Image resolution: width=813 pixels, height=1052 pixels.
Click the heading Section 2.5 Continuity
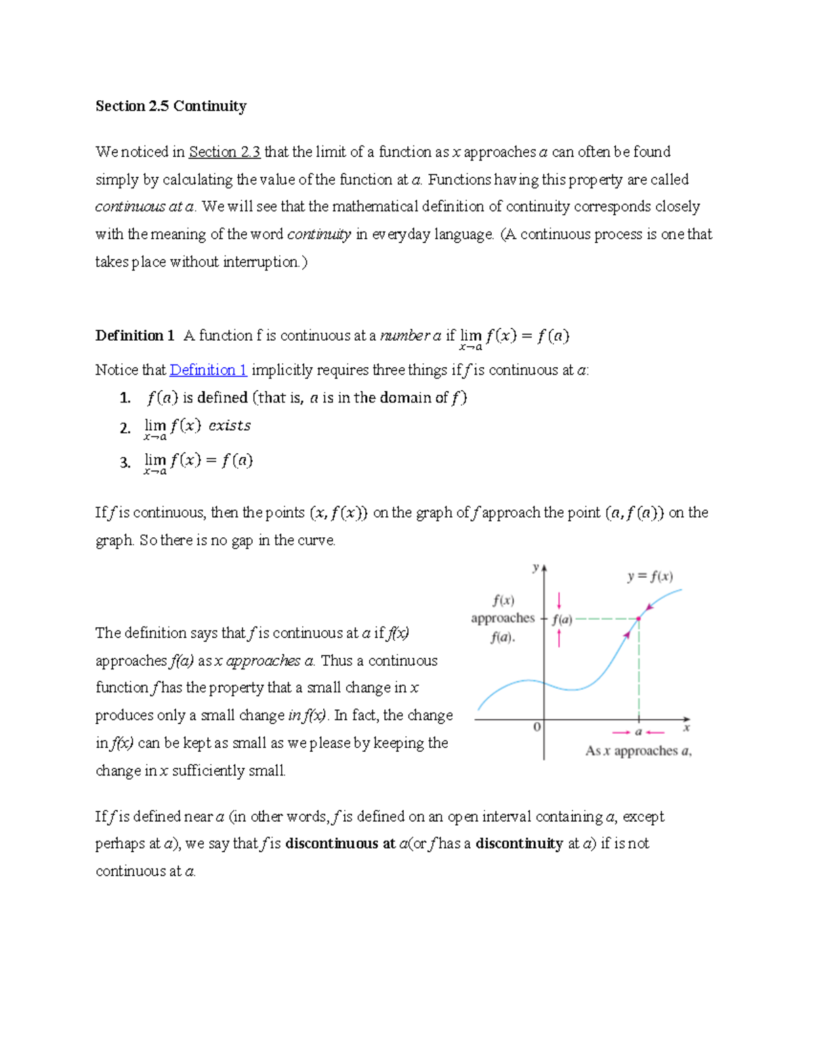tap(171, 106)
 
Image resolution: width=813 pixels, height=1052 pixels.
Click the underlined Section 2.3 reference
tap(224, 152)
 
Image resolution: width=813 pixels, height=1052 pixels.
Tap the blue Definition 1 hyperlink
tap(208, 370)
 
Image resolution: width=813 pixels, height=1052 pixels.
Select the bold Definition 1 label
tap(135, 335)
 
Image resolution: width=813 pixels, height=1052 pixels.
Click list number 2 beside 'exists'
tap(125, 428)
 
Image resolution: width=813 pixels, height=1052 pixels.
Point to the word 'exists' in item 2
tap(230, 425)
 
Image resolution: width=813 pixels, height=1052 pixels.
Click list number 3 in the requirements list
tap(125, 463)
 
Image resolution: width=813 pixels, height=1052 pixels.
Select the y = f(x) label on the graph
tap(650, 576)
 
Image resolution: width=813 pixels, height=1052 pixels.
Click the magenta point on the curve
tap(638, 618)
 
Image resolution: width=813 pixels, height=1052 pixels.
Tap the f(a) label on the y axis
tap(562, 619)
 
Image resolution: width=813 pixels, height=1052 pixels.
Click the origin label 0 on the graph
tap(537, 727)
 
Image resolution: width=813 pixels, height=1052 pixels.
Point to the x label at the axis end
tap(686, 728)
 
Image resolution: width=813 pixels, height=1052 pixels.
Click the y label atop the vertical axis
tap(535, 568)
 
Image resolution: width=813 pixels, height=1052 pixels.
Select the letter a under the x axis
tap(638, 732)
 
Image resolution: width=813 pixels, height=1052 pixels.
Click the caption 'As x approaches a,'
tap(638, 751)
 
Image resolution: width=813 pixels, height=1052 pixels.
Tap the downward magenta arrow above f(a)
tap(559, 600)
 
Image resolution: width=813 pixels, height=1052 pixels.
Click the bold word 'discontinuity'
tap(519, 843)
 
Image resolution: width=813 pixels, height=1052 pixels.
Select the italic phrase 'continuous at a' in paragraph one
tap(144, 207)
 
